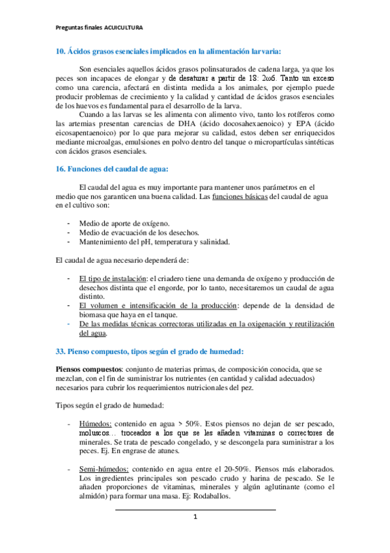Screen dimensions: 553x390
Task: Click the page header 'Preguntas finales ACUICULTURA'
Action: (x=99, y=28)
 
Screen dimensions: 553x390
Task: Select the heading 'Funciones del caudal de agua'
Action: (x=118, y=169)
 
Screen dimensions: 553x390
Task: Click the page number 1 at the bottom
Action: (x=195, y=518)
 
